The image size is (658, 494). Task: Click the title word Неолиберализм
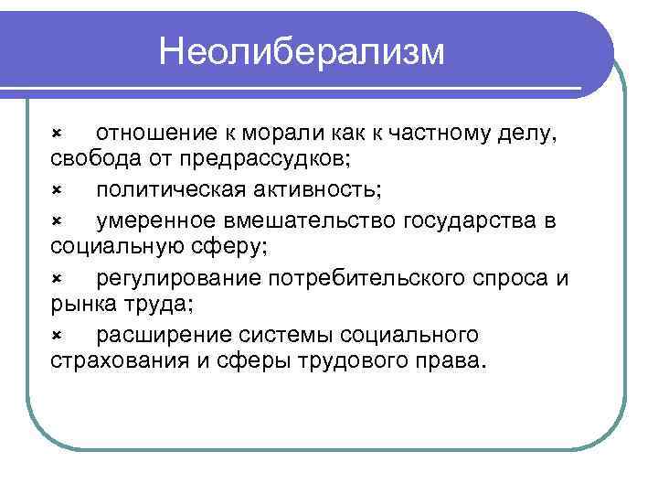tap(302, 51)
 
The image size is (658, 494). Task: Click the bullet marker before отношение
tap(56, 134)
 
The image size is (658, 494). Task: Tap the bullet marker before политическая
tap(56, 191)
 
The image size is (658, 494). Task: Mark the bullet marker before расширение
tap(56, 333)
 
